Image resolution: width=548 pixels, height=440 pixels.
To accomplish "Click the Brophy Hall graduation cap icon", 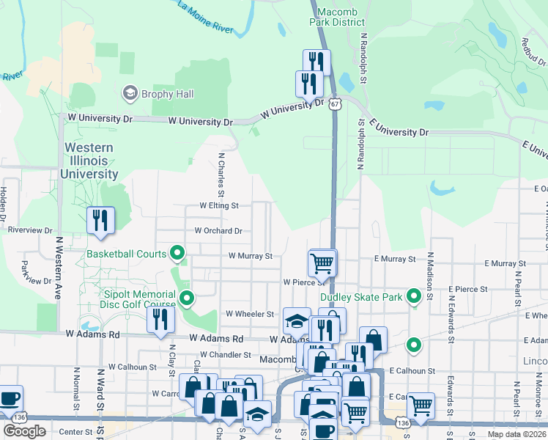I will (x=130, y=94).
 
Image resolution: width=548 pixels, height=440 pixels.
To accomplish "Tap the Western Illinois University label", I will (x=90, y=161).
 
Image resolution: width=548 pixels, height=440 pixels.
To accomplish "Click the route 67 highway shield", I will (x=334, y=105).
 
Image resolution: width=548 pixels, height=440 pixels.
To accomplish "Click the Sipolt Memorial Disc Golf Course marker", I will (x=187, y=298).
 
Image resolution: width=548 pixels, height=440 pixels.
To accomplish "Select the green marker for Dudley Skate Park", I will (x=414, y=297).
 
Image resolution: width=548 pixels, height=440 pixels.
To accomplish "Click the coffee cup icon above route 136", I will (x=10, y=399).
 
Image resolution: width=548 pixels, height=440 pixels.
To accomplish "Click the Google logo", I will (x=25, y=431).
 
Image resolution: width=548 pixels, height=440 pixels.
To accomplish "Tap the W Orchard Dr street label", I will (x=218, y=231).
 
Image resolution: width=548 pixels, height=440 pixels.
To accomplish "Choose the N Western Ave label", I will (x=57, y=267).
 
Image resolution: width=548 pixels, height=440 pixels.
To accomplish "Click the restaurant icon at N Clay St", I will (x=159, y=320).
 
